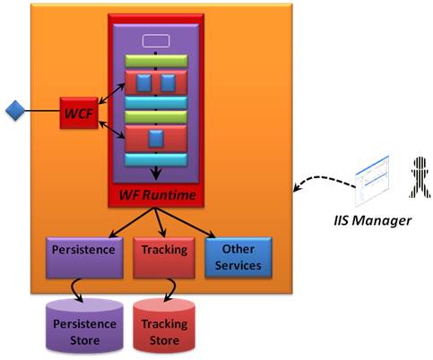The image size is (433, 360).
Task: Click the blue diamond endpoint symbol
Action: pos(15,110)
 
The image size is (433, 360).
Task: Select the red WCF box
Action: pos(79,113)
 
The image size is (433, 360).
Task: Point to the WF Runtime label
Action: pos(158,195)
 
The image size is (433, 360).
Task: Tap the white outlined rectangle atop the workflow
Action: pos(156,41)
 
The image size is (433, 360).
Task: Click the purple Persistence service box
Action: pos(84,258)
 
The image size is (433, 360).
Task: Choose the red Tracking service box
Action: pos(164,258)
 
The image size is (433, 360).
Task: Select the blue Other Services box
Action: pos(238,257)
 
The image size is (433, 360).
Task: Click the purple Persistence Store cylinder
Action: pos(84,326)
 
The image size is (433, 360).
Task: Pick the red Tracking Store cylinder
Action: pos(164,326)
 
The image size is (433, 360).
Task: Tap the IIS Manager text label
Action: pos(372,220)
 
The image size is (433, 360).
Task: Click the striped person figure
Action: pos(420,177)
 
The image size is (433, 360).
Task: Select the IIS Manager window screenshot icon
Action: pos(372,181)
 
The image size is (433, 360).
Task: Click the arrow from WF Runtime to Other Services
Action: pos(185,223)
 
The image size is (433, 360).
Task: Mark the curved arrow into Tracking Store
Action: pos(171,289)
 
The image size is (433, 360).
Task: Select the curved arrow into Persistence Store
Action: pos(74,289)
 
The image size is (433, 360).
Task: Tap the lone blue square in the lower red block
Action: pos(156,139)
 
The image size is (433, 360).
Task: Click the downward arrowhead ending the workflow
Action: pos(156,174)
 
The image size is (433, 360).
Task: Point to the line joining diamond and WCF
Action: pos(42,111)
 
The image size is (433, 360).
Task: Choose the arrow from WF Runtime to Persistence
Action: pos(132,223)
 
